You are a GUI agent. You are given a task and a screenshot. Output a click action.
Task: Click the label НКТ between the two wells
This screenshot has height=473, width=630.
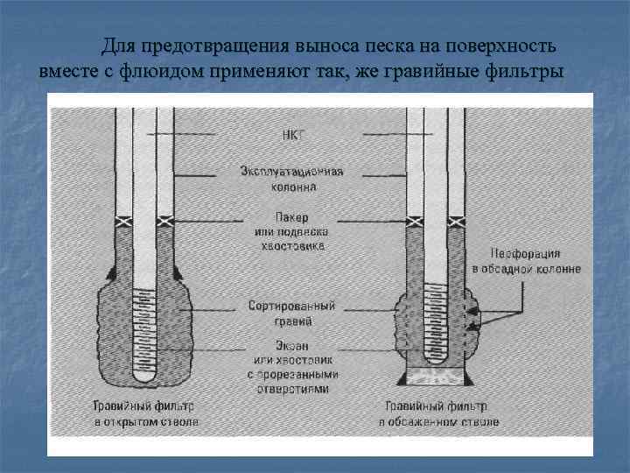click(292, 135)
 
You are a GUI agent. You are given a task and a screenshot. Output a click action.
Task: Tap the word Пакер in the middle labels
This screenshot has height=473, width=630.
click(292, 216)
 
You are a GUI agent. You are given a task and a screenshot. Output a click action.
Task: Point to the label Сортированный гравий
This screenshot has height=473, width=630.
click(291, 314)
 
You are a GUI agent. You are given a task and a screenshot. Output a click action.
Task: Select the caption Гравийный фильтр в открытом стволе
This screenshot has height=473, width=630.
click(146, 414)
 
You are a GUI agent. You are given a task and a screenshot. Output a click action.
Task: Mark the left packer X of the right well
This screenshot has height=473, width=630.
click(414, 222)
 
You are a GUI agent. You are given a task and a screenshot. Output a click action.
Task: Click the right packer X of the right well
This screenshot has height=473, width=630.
click(455, 222)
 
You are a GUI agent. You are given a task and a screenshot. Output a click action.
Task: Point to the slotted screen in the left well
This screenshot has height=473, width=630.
click(145, 328)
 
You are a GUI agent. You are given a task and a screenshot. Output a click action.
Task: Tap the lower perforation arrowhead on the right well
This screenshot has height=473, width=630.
click(474, 326)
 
